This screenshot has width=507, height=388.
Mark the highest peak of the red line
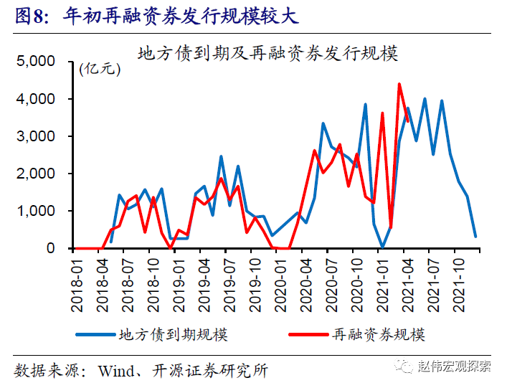pos(399,84)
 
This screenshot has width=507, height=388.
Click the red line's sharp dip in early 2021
pos(391,228)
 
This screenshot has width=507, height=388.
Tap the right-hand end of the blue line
pos(475,237)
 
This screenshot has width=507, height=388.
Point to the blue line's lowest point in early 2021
pos(382,247)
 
